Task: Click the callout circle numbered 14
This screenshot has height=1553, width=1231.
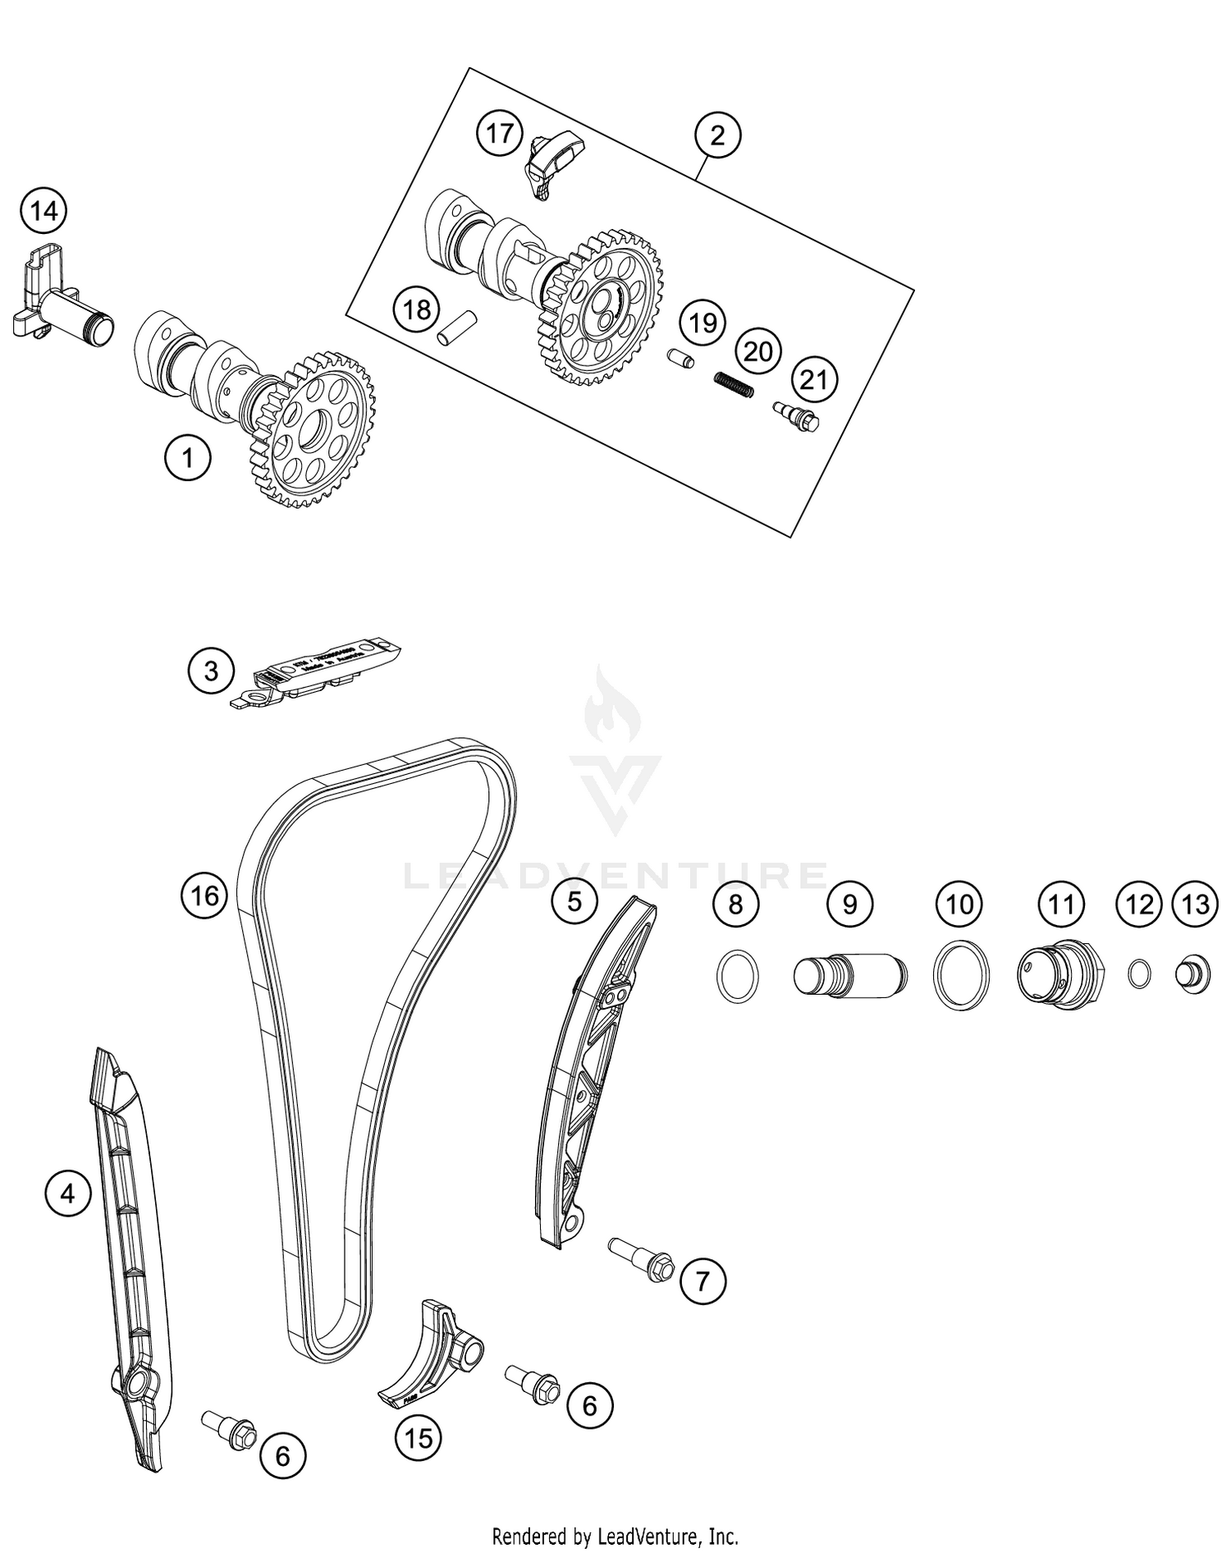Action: click(x=43, y=212)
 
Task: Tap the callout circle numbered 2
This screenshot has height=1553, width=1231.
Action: click(x=717, y=135)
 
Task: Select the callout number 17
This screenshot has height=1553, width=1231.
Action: click(x=500, y=133)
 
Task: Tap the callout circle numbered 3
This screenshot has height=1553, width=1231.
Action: click(x=211, y=671)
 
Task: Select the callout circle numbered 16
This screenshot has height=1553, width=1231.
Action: click(x=204, y=895)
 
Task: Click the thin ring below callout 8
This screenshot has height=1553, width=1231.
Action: click(x=738, y=975)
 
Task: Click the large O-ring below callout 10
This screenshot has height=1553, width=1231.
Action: click(x=961, y=975)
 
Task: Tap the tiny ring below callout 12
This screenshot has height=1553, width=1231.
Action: click(x=1139, y=973)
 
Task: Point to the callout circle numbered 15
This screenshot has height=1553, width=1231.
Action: click(x=419, y=1437)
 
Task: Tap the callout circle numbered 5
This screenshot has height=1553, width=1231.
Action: click(x=574, y=901)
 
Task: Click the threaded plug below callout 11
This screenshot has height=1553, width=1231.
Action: click(x=1061, y=974)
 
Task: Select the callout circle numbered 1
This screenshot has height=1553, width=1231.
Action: click(x=188, y=457)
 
